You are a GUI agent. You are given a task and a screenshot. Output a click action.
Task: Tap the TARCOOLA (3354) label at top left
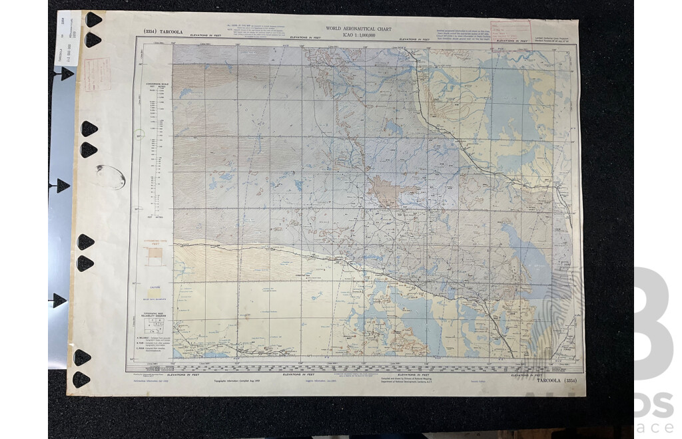click(x=155, y=31)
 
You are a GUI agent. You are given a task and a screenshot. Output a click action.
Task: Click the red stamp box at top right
click(x=511, y=31)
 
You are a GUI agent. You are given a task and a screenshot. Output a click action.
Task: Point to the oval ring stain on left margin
click(x=111, y=177)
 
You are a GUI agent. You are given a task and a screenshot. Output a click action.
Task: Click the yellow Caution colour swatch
click(x=155, y=292)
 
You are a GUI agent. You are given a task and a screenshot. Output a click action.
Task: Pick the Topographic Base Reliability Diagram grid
click(x=155, y=323)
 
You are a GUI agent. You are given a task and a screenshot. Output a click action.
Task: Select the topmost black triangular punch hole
click(x=93, y=19)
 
